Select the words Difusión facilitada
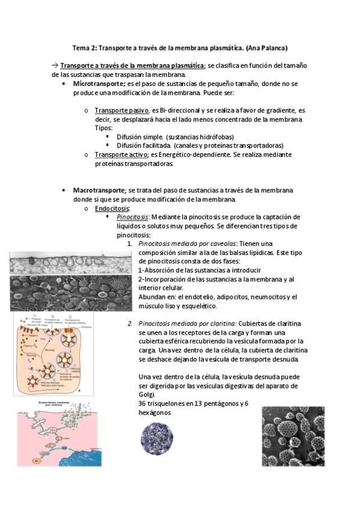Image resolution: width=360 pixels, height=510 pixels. coord(144,146)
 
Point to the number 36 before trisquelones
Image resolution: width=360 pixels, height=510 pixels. coord(142,404)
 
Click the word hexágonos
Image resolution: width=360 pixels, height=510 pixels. coord(154,413)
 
